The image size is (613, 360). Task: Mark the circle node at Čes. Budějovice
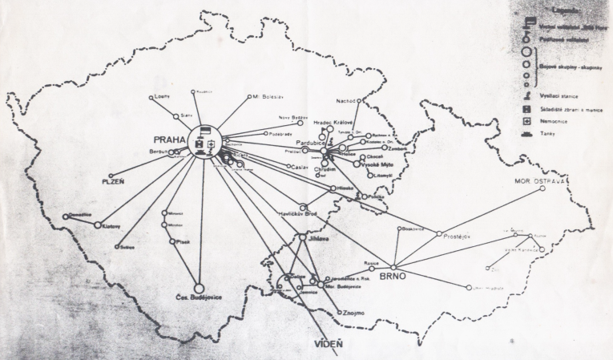tap(199, 288)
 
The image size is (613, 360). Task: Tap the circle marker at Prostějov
tap(439, 233)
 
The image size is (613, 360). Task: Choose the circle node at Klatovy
tap(98, 225)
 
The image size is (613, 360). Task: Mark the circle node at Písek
tap(172, 241)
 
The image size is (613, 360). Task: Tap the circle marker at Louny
tap(151, 98)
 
